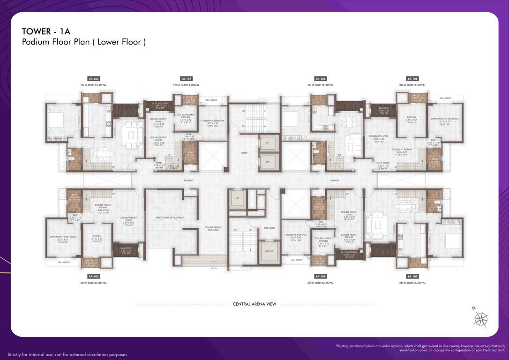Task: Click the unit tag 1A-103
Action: (94, 79)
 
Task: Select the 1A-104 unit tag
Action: (186, 79)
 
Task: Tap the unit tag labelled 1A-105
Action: (321, 79)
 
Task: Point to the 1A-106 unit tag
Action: (412, 79)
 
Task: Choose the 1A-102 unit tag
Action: (94, 277)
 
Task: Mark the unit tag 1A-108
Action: (321, 277)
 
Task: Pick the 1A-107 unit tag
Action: (412, 277)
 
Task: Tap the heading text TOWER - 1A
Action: (46, 31)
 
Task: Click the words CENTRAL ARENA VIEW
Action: (254, 304)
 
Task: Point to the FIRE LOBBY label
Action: (269, 228)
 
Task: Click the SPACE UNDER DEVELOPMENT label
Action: (170, 217)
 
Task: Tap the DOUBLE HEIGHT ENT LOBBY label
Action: (213, 229)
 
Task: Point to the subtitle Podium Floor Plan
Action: (83, 42)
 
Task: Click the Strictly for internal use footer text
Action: (67, 355)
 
